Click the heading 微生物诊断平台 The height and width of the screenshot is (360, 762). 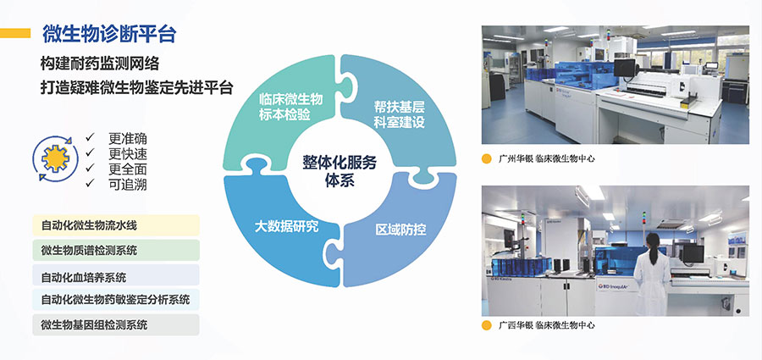[109, 34]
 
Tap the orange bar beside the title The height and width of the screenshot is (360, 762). [15, 33]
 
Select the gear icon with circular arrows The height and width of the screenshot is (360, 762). [55, 158]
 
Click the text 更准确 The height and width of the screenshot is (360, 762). [128, 139]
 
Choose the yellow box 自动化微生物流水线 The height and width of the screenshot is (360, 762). [116, 225]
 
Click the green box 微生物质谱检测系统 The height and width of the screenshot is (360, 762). [116, 250]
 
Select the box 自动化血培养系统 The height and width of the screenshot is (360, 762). [116, 275]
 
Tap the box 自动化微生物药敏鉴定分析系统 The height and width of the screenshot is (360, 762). [116, 300]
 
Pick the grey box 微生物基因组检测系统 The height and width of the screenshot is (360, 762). [116, 324]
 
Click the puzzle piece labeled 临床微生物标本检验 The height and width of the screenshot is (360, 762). [282, 107]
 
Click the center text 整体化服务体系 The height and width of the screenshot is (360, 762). [340, 171]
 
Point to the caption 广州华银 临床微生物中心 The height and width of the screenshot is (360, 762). [546, 158]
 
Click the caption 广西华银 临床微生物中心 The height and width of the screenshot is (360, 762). [546, 325]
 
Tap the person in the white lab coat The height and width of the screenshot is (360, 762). [652, 274]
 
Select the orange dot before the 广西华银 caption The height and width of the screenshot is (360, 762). [487, 325]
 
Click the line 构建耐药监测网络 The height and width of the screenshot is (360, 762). [100, 64]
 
